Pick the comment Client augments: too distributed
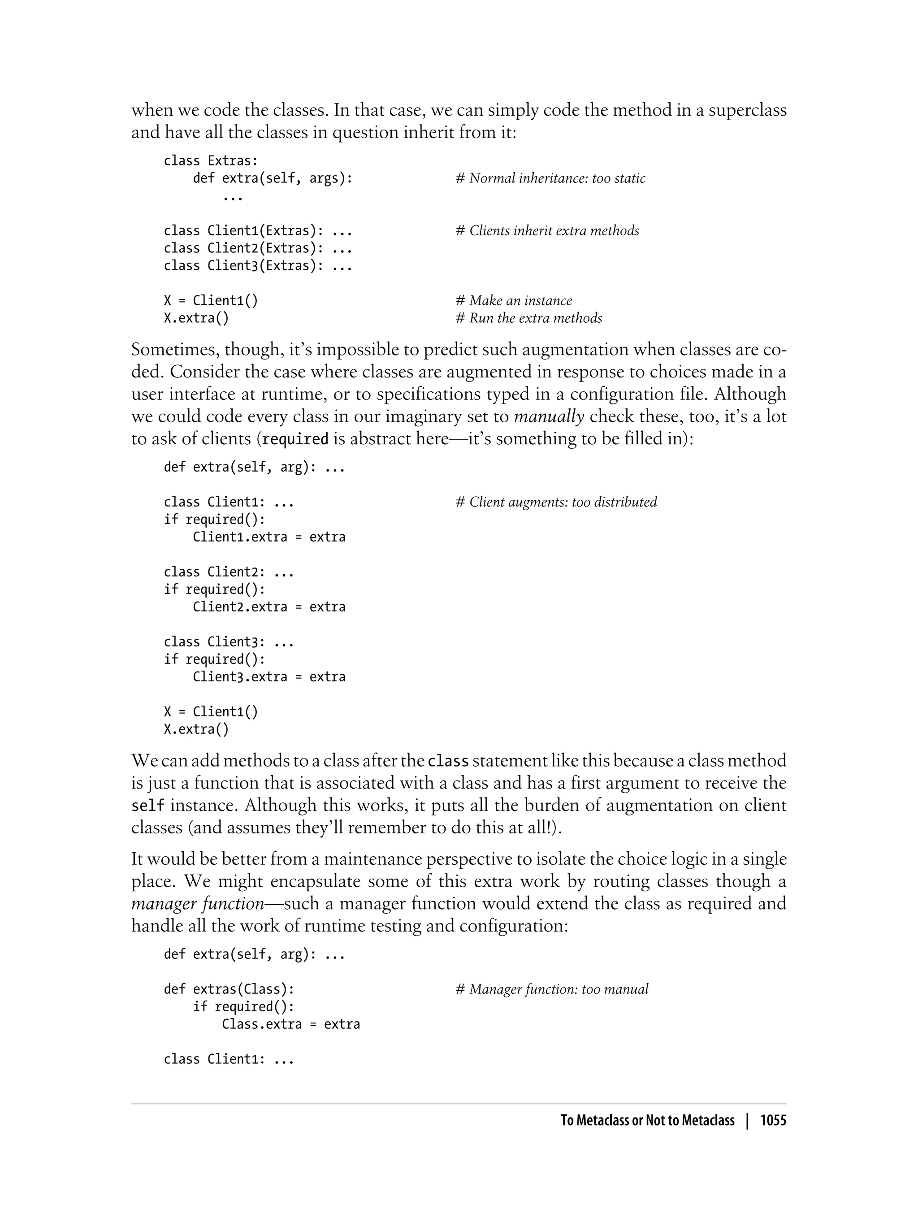(556, 502)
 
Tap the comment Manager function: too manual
(552, 989)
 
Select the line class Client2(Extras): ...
(258, 249)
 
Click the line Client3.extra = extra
(269, 677)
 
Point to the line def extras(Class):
(229, 989)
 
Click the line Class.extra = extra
(291, 1024)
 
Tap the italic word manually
(549, 417)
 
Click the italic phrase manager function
(198, 903)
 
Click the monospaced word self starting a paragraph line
(147, 806)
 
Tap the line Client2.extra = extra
(269, 607)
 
